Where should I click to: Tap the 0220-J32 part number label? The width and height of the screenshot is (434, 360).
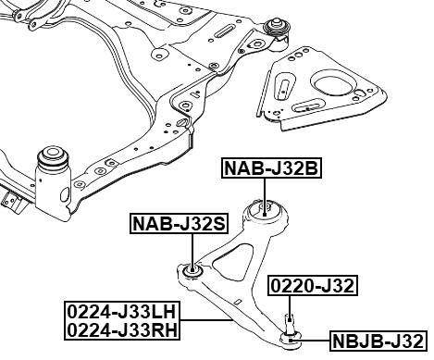pyautogui.click(x=312, y=285)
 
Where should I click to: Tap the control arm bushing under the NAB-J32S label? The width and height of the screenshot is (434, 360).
pyautogui.click(x=192, y=271)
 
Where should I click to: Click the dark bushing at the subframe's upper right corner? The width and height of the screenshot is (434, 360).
pyautogui.click(x=277, y=27)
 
